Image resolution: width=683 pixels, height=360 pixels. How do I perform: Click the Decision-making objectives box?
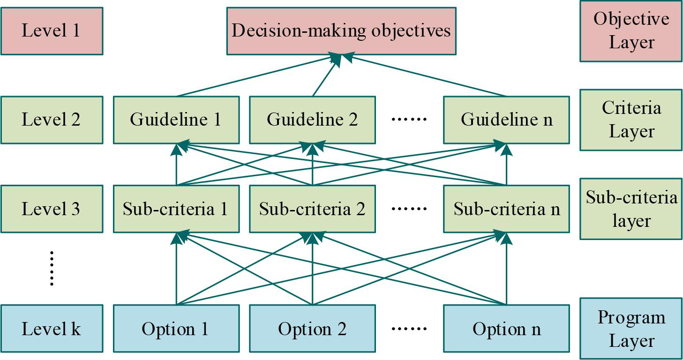click(341, 30)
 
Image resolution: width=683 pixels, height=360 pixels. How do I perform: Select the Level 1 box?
click(52, 31)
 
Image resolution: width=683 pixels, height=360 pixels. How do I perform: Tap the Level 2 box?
click(52, 120)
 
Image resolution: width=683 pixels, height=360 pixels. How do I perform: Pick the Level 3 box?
click(52, 209)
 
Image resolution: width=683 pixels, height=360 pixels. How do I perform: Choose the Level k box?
click(52, 328)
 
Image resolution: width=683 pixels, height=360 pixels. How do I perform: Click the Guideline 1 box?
click(176, 120)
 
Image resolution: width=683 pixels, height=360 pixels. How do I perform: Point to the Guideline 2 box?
click(312, 120)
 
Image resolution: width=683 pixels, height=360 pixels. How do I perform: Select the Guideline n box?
click(506, 120)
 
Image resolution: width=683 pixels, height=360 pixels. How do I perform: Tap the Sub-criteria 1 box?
click(176, 209)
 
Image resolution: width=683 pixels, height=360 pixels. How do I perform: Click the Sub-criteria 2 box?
click(312, 209)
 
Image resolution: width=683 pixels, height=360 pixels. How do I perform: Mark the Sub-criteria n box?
click(506, 209)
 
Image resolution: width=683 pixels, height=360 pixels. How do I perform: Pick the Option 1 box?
click(176, 328)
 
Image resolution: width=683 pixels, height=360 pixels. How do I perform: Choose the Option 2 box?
click(312, 328)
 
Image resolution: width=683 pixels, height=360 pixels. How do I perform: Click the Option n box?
click(506, 328)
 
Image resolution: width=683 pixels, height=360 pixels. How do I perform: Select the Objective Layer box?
click(630, 31)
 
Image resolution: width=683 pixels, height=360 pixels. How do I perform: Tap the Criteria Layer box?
click(630, 120)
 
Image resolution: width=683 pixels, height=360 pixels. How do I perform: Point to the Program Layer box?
click(630, 328)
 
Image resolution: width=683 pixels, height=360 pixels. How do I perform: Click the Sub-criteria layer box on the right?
click(630, 209)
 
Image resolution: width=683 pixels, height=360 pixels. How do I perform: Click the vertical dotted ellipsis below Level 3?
click(52, 268)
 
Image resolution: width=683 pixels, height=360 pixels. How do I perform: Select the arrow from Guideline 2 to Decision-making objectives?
click(324, 77)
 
